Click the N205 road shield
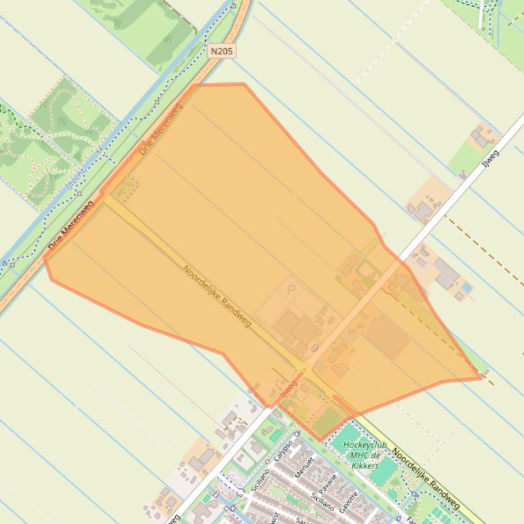point(221,51)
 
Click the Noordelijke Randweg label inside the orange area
point(217,295)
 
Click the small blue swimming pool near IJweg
point(467,288)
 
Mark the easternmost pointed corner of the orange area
point(481,378)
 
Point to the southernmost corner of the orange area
point(319,440)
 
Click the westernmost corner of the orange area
point(44,257)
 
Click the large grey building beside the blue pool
point(446,274)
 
